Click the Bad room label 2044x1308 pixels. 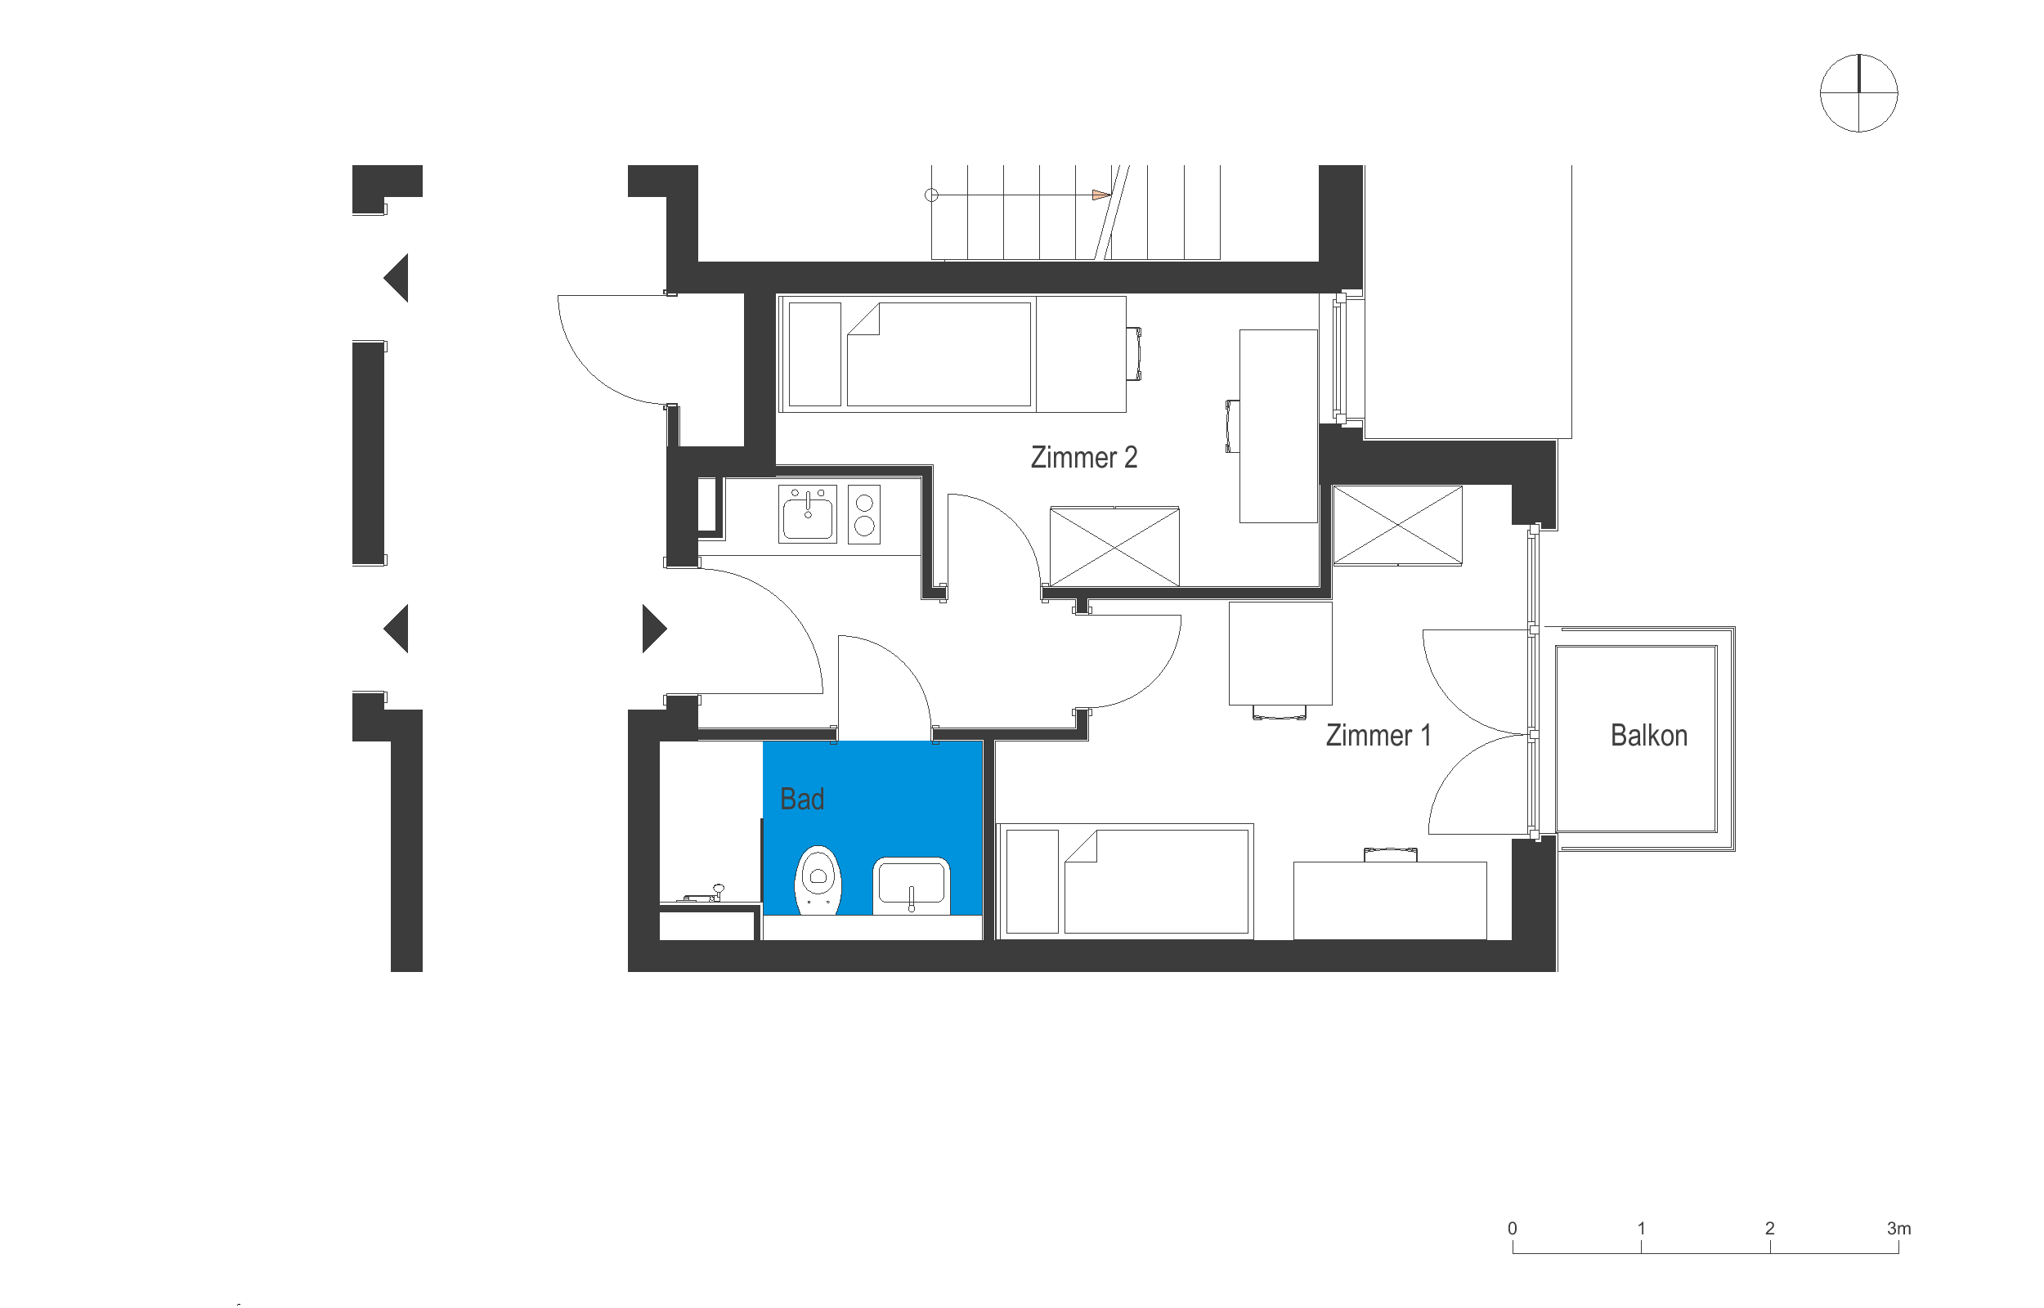pos(801,800)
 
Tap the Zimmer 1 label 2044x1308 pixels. pos(1378,736)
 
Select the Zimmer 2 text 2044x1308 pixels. pos(1083,458)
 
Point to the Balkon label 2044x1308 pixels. pos(1648,736)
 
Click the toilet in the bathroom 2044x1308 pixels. pos(817,880)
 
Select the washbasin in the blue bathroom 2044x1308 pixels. pos(911,885)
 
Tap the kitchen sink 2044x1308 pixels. pos(808,514)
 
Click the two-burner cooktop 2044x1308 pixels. pos(863,514)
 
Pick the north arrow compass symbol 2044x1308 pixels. pos(1858,92)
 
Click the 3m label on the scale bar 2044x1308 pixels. pos(1898,1228)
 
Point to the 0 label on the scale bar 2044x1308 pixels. pos(1513,1228)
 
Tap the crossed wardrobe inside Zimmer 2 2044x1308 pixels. pos(1114,547)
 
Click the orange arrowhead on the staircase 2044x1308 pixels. pos(1100,195)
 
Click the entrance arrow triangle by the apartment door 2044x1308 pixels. pos(653,629)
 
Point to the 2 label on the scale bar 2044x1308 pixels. pos(1770,1228)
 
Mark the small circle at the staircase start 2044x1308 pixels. pos(931,195)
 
